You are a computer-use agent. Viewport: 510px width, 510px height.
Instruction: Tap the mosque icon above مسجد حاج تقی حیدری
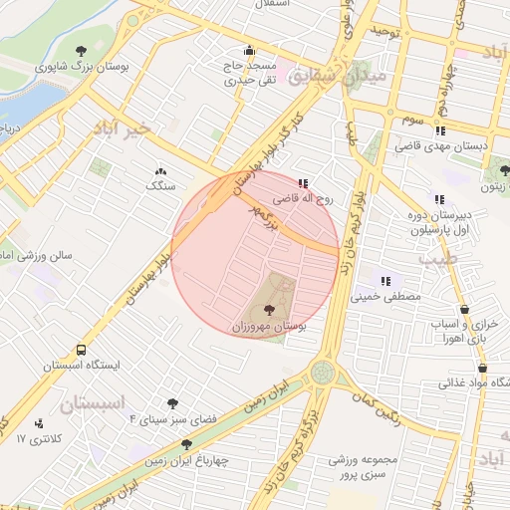click(248, 52)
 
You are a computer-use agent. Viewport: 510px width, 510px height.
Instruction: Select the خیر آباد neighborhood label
click(122, 128)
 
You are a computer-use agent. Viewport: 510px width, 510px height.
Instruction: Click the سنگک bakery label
click(159, 186)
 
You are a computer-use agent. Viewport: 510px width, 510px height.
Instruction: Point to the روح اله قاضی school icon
click(303, 182)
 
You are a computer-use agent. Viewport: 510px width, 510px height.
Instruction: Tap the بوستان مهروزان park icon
click(270, 311)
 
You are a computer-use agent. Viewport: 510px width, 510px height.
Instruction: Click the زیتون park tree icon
click(505, 170)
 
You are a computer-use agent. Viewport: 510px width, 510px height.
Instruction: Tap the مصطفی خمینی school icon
click(385, 281)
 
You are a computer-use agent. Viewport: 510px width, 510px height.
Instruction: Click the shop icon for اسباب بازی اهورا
click(466, 310)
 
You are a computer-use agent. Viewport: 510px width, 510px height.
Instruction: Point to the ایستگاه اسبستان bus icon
click(80, 351)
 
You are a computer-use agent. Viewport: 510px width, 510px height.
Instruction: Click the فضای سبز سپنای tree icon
click(172, 403)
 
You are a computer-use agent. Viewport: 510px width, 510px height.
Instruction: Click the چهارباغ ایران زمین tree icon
click(186, 444)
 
